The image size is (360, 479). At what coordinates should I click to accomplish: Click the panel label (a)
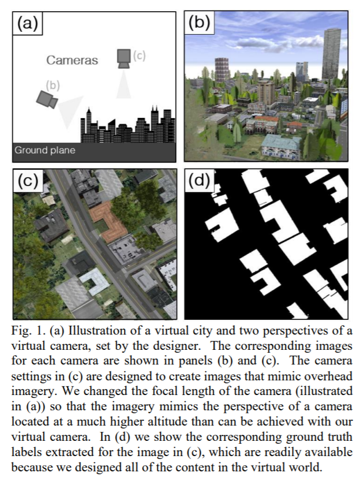pos(28,24)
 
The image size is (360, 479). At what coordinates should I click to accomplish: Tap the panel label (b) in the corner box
pos(198,24)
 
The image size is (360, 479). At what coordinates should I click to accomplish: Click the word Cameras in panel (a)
pos(72,60)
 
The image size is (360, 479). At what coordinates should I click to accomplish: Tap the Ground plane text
pos(45,150)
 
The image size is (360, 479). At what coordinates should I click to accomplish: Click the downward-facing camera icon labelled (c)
pos(123,58)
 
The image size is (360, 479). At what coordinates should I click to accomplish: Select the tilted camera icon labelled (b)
pos(46,99)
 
